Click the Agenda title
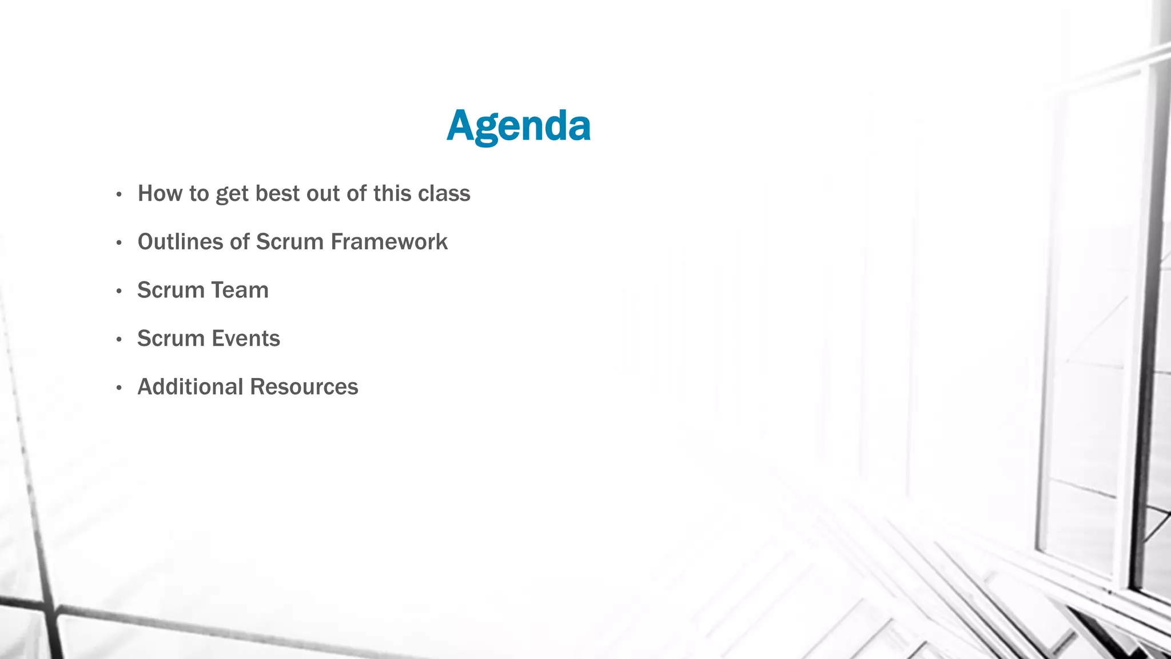[x=518, y=126]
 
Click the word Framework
[x=389, y=242]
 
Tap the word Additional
[x=190, y=387]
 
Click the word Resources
[x=304, y=387]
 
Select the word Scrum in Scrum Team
[x=171, y=290]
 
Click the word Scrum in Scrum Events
[x=171, y=339]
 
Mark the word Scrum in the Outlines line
[x=289, y=242]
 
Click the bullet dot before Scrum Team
[x=119, y=292]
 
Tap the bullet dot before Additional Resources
[x=119, y=388]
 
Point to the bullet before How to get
[x=119, y=195]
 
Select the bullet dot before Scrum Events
[x=119, y=340]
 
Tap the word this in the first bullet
[x=392, y=193]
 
